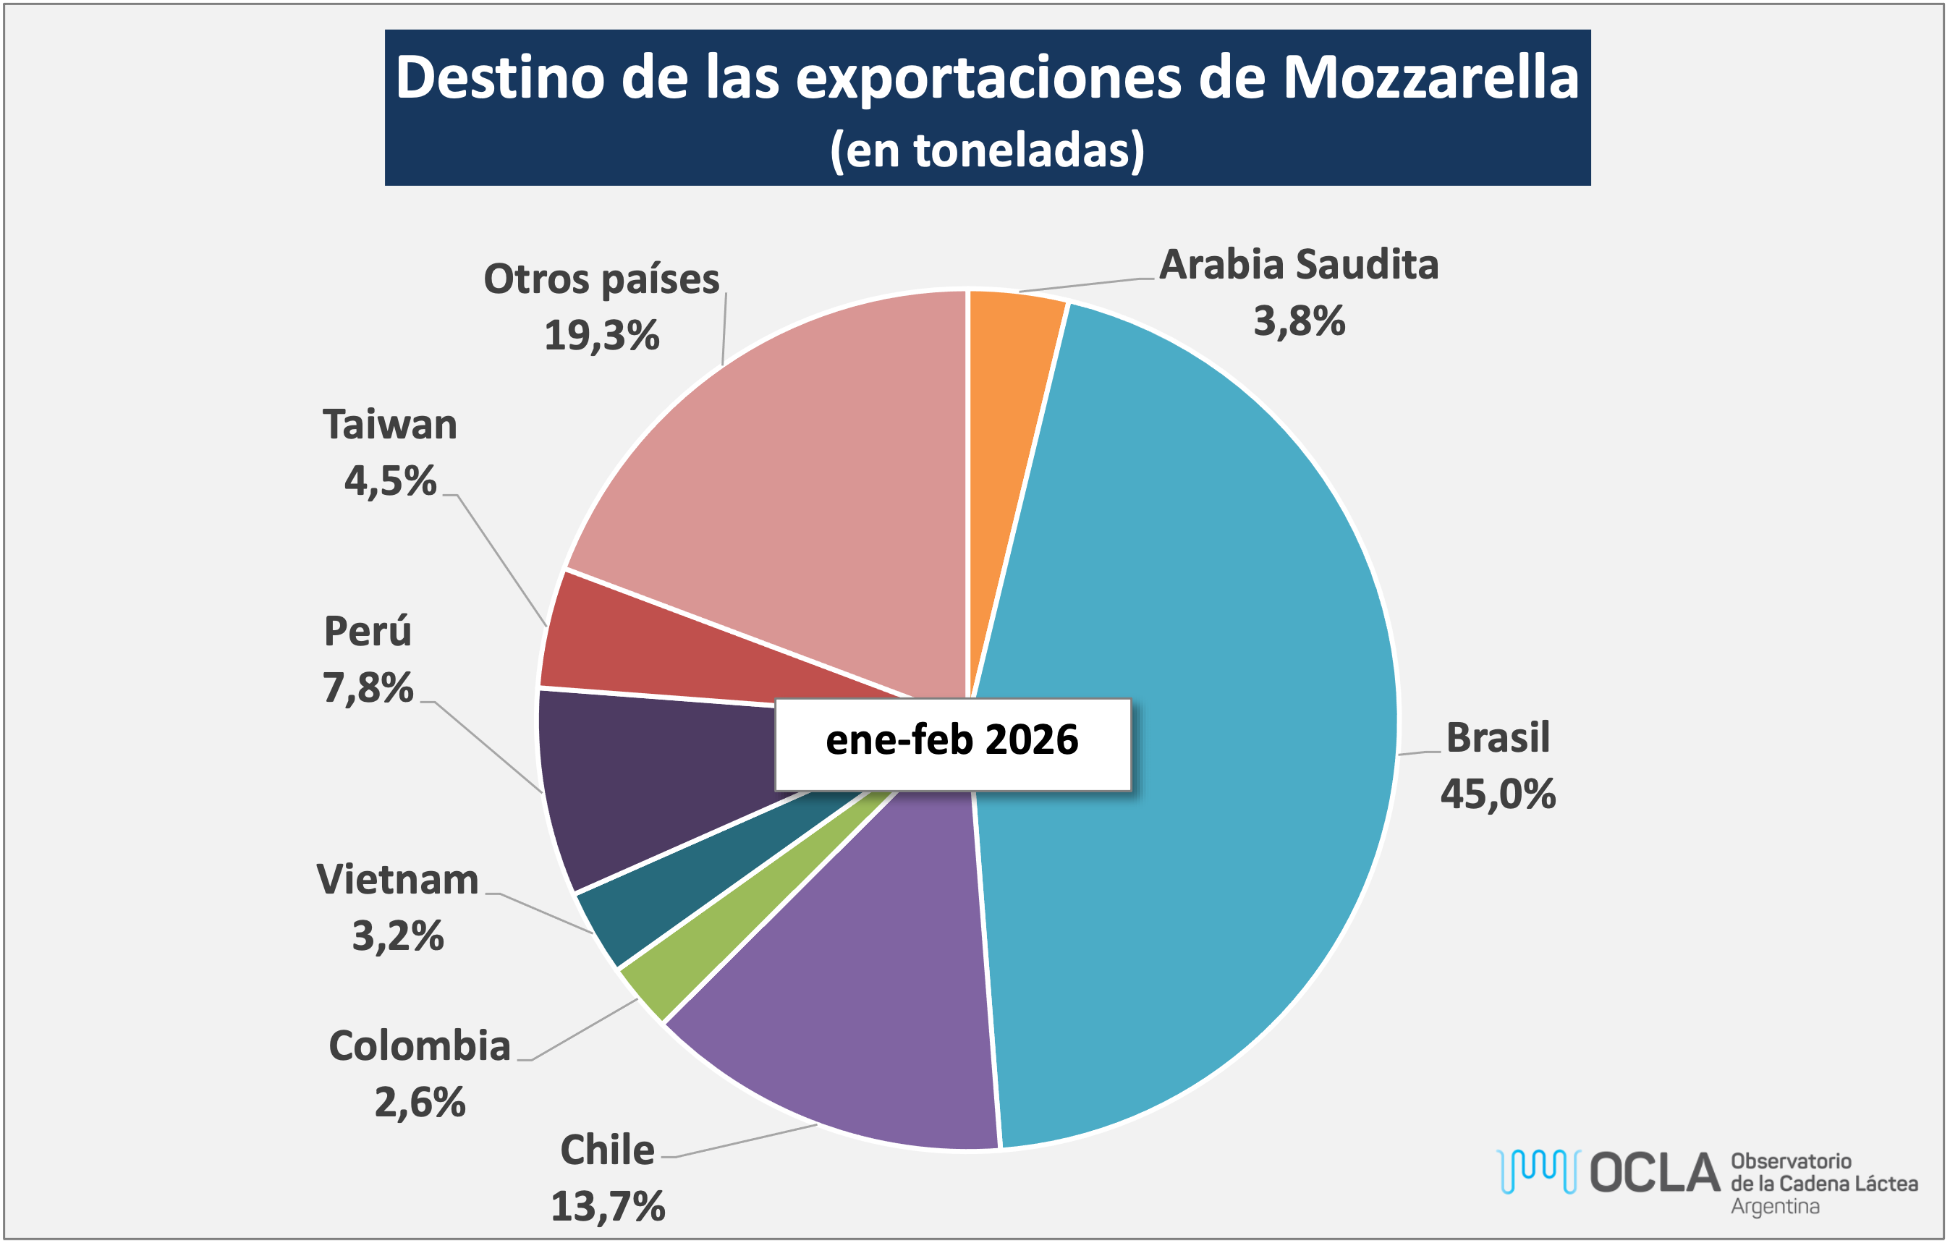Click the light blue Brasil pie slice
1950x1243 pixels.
(1198, 729)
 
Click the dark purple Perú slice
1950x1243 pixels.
(648, 777)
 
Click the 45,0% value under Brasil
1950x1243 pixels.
(1497, 794)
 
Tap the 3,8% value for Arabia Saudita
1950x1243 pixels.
(1299, 321)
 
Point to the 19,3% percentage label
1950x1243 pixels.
(602, 336)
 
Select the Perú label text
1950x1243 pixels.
(368, 632)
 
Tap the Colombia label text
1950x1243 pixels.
(420, 1046)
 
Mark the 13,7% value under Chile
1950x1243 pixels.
(609, 1207)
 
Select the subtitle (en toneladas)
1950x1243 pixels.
(987, 150)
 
